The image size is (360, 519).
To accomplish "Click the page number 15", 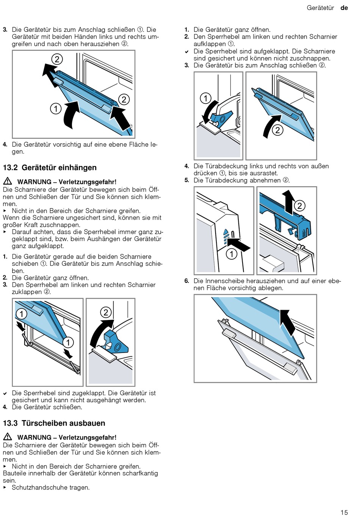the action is coord(344,512).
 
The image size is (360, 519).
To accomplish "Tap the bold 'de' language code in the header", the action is coord(344,8).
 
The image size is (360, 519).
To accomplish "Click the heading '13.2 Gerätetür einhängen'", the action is coord(50,167).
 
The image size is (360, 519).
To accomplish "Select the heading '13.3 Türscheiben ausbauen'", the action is coord(54,423).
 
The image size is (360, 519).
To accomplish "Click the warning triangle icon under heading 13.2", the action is coord(8,181).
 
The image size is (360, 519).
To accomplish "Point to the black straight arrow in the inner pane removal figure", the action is coord(288,323).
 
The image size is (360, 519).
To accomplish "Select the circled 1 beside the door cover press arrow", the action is coord(232,254).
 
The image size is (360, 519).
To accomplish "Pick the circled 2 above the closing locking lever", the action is coord(106,312).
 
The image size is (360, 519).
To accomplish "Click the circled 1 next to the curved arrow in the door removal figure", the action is coord(56,109).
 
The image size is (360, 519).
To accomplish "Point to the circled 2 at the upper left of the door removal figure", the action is coord(57,59).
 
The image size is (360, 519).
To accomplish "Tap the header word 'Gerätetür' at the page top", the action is coord(320,8).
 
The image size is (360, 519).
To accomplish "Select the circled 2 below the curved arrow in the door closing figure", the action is coord(277,130).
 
